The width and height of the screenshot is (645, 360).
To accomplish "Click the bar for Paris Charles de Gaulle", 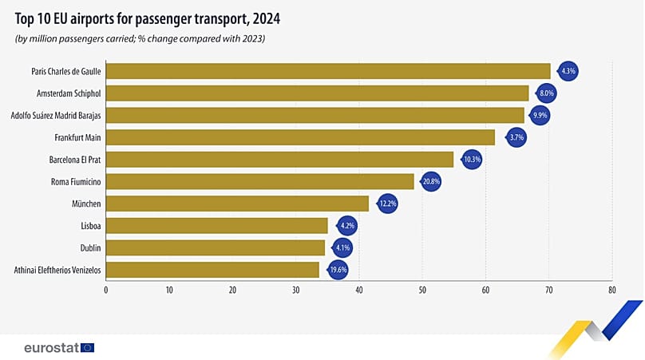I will click(327, 71).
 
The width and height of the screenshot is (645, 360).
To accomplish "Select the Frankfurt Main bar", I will click(300, 137).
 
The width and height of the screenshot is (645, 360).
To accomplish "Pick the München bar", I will click(237, 204).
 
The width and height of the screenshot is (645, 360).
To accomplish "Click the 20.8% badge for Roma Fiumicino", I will click(432, 182).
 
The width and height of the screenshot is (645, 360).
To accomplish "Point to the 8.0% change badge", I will click(547, 93).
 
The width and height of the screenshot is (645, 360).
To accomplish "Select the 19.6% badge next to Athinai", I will click(338, 271).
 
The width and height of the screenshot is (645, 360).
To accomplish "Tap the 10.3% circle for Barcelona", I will click(471, 160).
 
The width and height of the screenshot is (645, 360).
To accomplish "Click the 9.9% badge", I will click(540, 116).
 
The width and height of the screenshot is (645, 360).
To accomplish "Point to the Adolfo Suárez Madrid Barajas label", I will click(56, 116).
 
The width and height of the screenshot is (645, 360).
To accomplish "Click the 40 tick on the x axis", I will click(358, 291).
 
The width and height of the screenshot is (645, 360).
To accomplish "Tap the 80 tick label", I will click(611, 291).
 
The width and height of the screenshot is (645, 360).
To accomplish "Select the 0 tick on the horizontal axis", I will click(105, 291).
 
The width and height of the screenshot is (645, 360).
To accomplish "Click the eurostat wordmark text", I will click(50, 347).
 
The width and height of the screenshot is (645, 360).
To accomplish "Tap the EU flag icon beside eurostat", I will click(88, 347).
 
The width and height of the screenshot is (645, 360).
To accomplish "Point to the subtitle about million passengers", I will click(140, 38).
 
